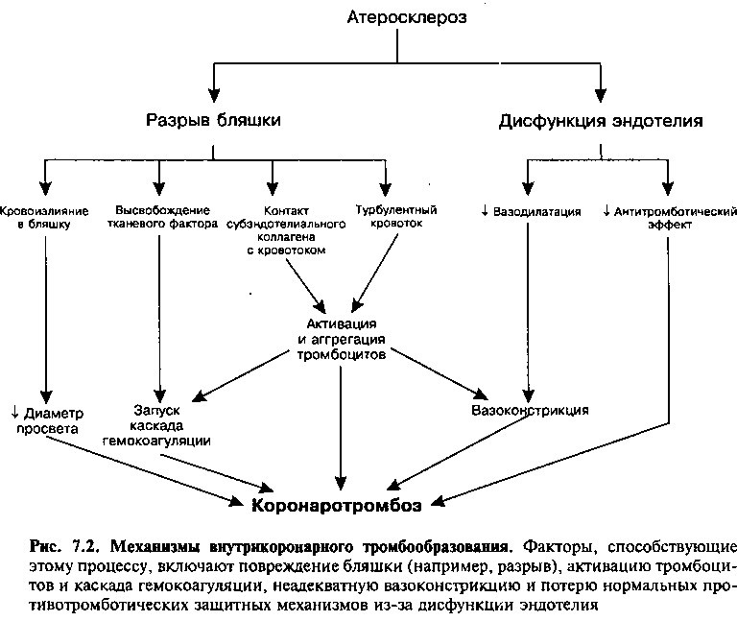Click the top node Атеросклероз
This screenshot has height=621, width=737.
pos(407,17)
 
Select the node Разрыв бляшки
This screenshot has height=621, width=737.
pos(213,120)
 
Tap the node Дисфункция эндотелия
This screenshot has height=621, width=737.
pos(601,121)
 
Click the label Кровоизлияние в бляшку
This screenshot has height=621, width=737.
pos(44,217)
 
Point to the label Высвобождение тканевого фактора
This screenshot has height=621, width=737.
pos(162,217)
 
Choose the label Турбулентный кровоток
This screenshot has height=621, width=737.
pos(396,216)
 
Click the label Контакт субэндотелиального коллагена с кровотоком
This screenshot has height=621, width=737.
pos(286,230)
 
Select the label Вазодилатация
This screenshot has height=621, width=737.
pos(536,212)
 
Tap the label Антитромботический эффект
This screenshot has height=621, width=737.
pos(675,218)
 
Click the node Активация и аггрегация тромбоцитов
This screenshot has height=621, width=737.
pos(342,339)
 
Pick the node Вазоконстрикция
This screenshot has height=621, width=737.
pos(530,411)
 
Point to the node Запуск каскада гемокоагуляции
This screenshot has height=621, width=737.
pos(156,425)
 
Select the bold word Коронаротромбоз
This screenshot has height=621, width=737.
pos(337,506)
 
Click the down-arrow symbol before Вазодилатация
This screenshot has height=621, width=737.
pos(486,211)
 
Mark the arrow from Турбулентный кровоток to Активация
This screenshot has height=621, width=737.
pos(374,274)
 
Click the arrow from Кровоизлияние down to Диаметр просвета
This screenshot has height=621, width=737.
pos(46,321)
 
